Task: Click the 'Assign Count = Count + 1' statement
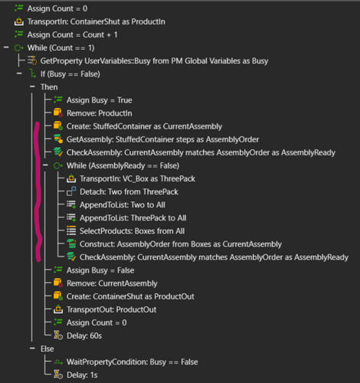(x=73, y=34)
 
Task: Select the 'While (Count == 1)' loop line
(x=61, y=47)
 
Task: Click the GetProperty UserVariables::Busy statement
(x=154, y=61)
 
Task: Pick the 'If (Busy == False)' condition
(x=70, y=74)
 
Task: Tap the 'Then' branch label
(x=49, y=87)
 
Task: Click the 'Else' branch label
(x=47, y=349)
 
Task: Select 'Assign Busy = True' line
(x=100, y=100)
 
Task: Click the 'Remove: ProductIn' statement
(x=100, y=113)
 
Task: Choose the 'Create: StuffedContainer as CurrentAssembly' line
(x=144, y=126)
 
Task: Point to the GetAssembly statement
(x=162, y=139)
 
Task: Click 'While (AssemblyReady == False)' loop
(x=123, y=165)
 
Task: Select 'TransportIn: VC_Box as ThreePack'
(x=137, y=178)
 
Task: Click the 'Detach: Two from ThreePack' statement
(x=129, y=191)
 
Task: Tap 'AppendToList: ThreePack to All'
(x=133, y=218)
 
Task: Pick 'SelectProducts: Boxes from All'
(x=132, y=231)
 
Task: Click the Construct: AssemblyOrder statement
(x=181, y=244)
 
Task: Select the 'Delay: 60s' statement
(x=84, y=336)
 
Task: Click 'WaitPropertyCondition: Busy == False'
(x=133, y=362)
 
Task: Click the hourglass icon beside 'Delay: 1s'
(x=58, y=375)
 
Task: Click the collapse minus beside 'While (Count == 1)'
(x=6, y=47)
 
